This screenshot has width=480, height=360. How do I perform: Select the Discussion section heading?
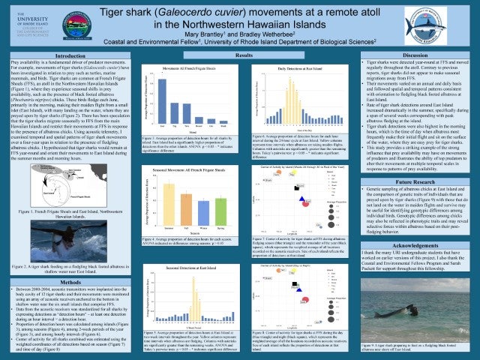[415, 56]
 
